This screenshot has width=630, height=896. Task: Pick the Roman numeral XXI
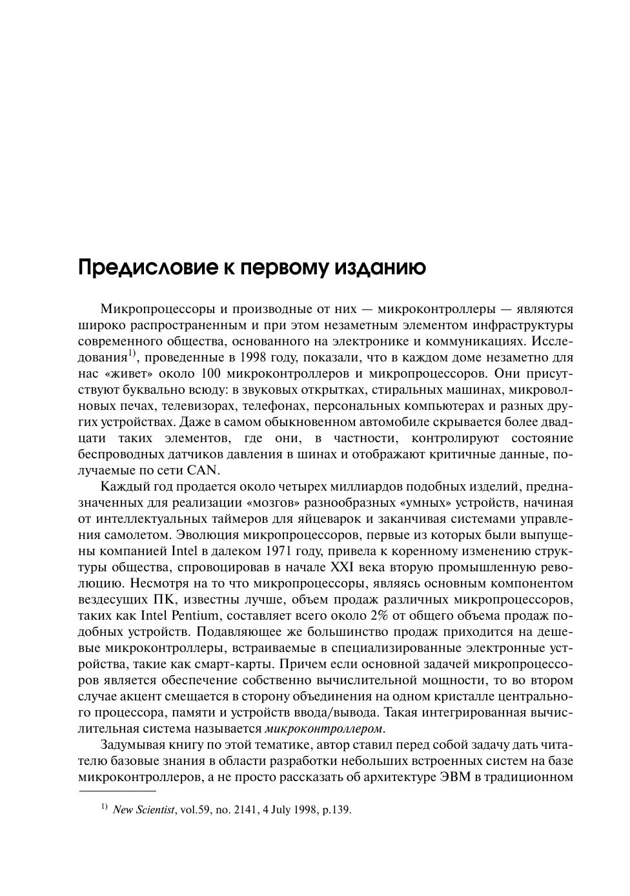pos(343,567)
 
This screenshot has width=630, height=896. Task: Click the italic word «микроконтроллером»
pos(324,729)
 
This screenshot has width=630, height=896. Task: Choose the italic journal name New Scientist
pos(143,810)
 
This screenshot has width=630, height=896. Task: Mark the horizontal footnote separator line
pos(117,790)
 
